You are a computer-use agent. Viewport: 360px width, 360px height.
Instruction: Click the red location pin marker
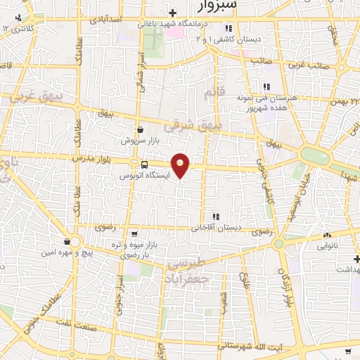click(181, 165)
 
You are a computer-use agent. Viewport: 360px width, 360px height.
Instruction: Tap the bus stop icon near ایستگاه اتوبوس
click(144, 165)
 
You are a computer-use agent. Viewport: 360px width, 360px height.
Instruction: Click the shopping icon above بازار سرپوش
click(141, 130)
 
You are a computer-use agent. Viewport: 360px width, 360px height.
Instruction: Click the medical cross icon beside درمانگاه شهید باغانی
click(173, 13)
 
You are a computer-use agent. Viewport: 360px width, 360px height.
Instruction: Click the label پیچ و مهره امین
click(69, 252)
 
